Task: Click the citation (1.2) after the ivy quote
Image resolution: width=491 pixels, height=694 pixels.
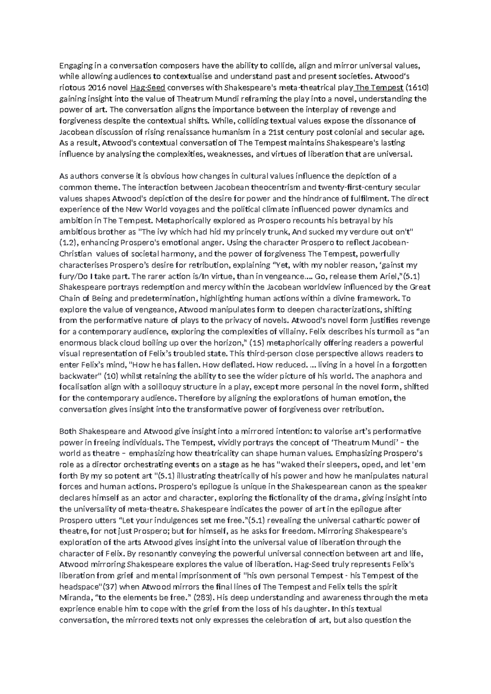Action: [68, 243]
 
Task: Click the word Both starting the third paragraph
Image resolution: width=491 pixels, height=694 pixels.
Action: [68, 431]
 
